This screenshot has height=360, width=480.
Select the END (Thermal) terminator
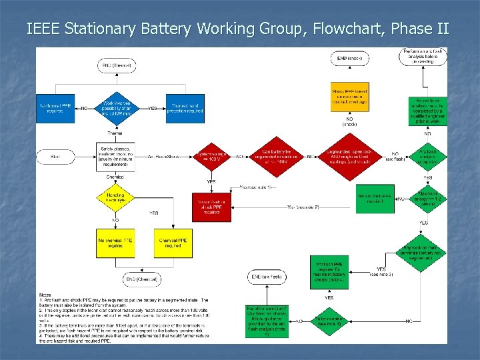click(117, 65)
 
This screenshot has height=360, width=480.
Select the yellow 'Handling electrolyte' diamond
click(117, 197)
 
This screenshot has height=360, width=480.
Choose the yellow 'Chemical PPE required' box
click(172, 243)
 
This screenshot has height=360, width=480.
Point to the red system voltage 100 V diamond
click(212, 157)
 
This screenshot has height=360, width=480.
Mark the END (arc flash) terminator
click(267, 277)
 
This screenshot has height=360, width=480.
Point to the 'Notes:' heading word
click(45, 295)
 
